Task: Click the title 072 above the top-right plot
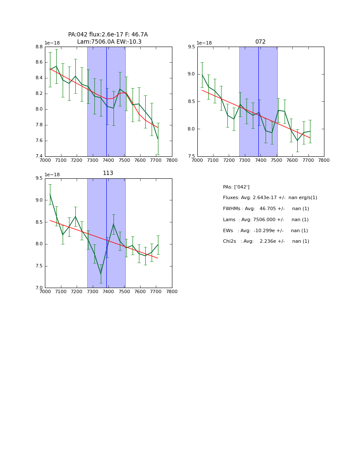[x=260, y=42]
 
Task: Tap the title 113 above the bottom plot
[x=108, y=173]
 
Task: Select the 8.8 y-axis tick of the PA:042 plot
[x=39, y=47]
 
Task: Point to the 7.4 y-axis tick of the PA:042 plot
[x=39, y=156]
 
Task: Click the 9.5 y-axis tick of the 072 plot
[x=191, y=47]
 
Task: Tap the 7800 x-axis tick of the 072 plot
[x=324, y=161]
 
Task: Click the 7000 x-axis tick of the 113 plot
[x=45, y=292]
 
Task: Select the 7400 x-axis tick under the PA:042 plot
[x=108, y=161]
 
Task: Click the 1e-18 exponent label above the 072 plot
[x=205, y=43]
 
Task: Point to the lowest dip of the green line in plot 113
[x=101, y=274]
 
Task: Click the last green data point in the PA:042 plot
[x=158, y=139]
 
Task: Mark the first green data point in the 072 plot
[x=202, y=75]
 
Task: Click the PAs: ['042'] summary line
[x=236, y=187]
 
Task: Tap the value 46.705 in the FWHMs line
[x=268, y=209]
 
